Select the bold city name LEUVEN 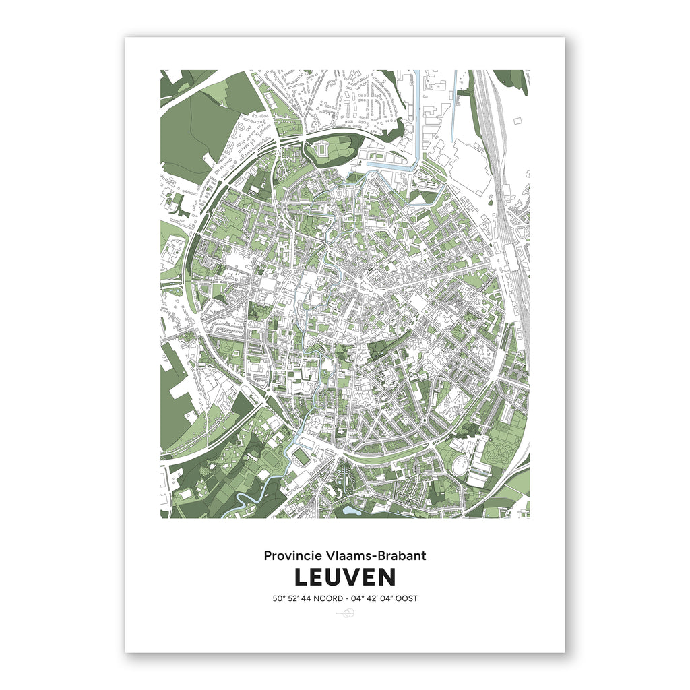344,577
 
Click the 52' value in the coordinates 297,598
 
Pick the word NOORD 335,598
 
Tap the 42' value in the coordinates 379,598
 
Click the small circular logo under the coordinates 344,613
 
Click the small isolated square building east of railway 517,121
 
